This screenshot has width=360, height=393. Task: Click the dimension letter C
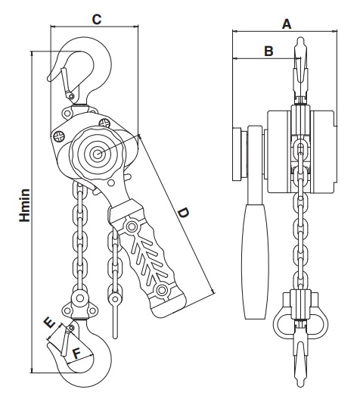(x=97, y=19)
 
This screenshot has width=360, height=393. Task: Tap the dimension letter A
(x=287, y=24)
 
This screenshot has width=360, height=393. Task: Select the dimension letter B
(x=268, y=51)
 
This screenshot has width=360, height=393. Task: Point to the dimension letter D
(x=183, y=213)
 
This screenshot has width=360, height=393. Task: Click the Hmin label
(x=25, y=205)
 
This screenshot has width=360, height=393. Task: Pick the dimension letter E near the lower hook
(x=49, y=323)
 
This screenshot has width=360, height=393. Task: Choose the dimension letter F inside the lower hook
(x=76, y=354)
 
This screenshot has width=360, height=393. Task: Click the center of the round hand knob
(x=98, y=154)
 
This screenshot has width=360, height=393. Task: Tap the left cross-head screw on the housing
(x=59, y=136)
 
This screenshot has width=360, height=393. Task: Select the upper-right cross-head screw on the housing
(x=104, y=123)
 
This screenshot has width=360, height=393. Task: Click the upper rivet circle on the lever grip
(x=131, y=226)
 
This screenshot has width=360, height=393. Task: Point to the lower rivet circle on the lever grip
(x=161, y=290)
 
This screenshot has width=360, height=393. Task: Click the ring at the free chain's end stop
(x=115, y=299)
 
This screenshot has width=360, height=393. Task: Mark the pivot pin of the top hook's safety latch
(x=72, y=96)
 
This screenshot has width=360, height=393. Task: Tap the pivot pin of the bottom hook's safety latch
(x=71, y=328)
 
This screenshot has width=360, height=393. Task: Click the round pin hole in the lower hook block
(x=80, y=298)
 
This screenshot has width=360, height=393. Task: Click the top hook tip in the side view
(x=300, y=40)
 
